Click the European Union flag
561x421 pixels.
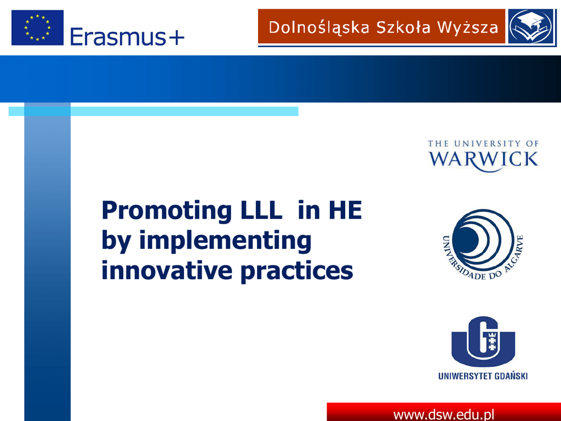(38, 27)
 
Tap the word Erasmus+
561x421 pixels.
(127, 37)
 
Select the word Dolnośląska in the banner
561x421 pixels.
(319, 28)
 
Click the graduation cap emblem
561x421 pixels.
(532, 26)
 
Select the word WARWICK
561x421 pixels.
(484, 160)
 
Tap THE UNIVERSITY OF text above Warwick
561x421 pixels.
(483, 144)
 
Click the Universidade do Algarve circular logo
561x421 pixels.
(483, 244)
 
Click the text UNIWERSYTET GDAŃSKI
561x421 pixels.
(483, 376)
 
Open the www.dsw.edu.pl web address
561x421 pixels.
(444, 414)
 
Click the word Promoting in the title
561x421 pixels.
(167, 211)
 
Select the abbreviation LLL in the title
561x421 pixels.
(261, 210)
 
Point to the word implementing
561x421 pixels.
(225, 241)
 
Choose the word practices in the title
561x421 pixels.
(296, 271)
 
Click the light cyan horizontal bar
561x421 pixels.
(153, 111)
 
